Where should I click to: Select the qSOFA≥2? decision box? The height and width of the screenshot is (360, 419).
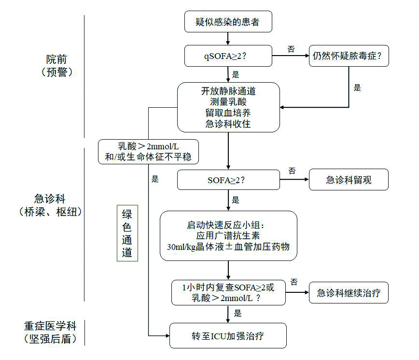pyautogui.click(x=228, y=56)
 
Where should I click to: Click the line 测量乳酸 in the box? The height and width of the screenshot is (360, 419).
pyautogui.click(x=228, y=101)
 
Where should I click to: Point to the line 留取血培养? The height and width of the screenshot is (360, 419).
pyautogui.click(x=228, y=113)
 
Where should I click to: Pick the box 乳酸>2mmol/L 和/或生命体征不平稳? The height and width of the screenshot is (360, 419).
pyautogui.click(x=148, y=151)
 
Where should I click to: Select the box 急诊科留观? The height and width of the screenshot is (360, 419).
pyautogui.click(x=349, y=180)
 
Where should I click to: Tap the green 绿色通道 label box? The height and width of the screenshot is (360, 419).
pyautogui.click(x=127, y=233)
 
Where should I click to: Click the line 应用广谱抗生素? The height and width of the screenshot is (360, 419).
pyautogui.click(x=228, y=236)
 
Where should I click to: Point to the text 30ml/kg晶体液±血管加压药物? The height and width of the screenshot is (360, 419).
pyautogui.click(x=228, y=247)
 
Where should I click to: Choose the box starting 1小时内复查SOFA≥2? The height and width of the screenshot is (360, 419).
pyautogui.click(x=228, y=293)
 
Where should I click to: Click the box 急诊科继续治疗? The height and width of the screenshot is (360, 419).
pyautogui.click(x=349, y=293)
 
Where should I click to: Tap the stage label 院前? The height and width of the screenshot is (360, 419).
pyautogui.click(x=57, y=59)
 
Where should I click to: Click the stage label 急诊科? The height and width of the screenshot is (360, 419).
pyautogui.click(x=50, y=199)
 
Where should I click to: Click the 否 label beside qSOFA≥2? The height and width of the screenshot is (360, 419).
pyautogui.click(x=291, y=49)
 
